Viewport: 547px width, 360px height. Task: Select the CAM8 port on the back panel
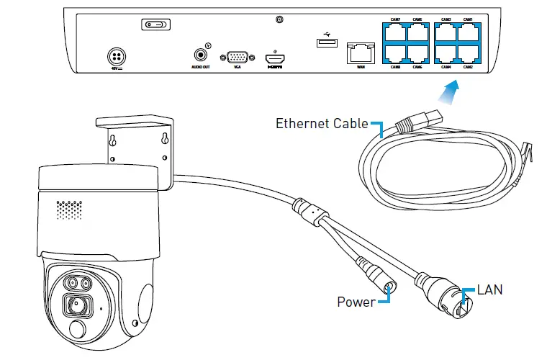pyautogui.click(x=395, y=53)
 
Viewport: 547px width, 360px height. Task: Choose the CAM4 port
pyautogui.click(x=446, y=53)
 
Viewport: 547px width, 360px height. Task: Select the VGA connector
pyautogui.click(x=238, y=58)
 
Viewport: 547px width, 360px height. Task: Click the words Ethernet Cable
pyautogui.click(x=322, y=123)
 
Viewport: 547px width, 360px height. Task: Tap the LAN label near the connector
pyautogui.click(x=490, y=291)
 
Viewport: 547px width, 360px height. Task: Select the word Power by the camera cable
pyautogui.click(x=356, y=302)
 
